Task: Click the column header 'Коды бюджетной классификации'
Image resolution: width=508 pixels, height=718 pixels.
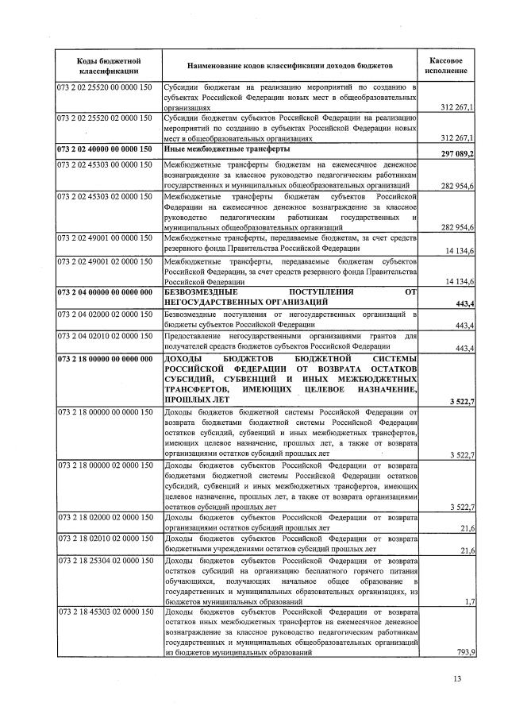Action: (x=108, y=66)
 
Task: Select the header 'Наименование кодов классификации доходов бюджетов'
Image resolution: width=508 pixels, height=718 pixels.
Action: (x=291, y=66)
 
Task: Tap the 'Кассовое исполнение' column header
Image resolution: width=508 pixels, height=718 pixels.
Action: (x=446, y=66)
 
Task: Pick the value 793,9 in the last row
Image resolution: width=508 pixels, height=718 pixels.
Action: (x=461, y=651)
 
